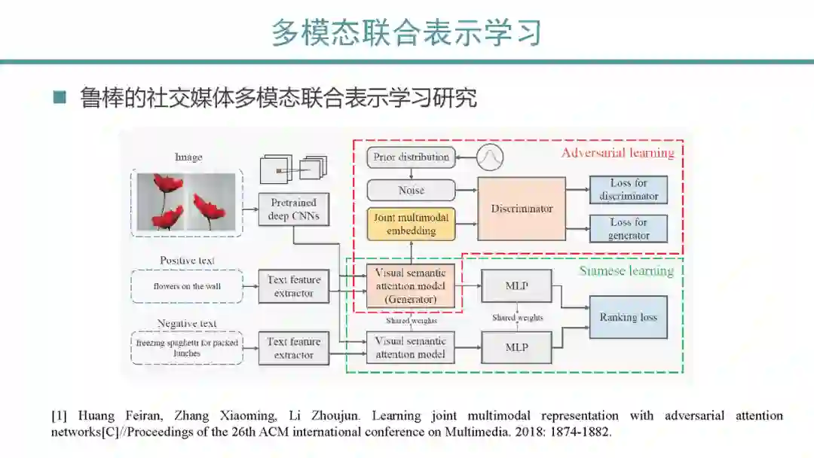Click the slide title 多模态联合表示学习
(406, 34)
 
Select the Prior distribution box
(411, 157)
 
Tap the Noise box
(411, 191)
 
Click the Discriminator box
(522, 209)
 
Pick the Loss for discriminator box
(629, 190)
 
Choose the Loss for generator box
(629, 228)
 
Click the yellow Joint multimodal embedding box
(411, 224)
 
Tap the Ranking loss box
(628, 317)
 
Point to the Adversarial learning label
(617, 153)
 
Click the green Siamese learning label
(626, 271)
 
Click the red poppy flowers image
(187, 201)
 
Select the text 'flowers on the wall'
(187, 286)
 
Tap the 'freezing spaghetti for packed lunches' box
(187, 348)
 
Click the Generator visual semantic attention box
(411, 286)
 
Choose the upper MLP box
(516, 285)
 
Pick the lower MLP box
(516, 347)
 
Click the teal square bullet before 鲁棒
(60, 98)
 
